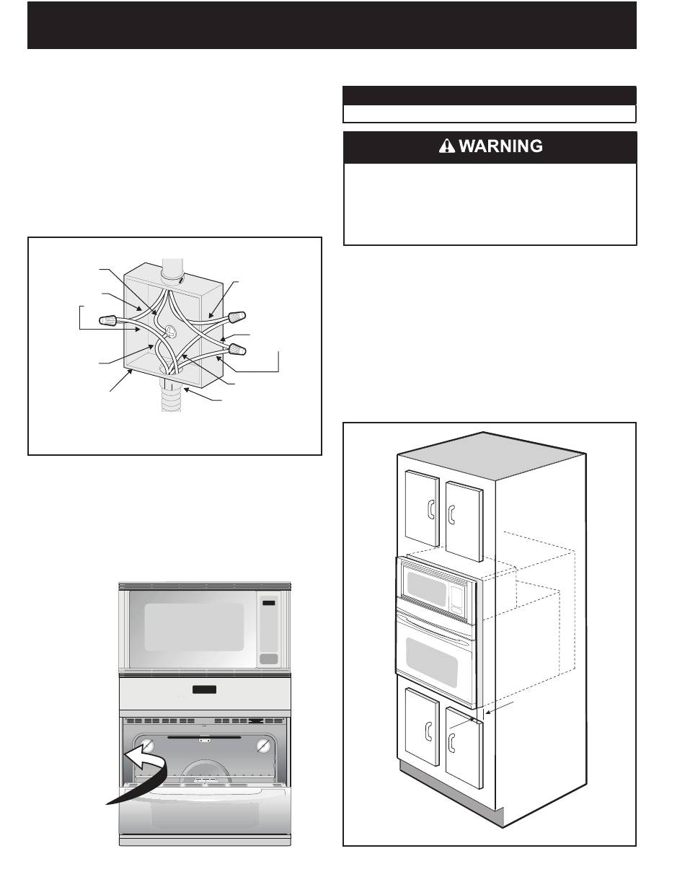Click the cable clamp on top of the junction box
[174, 275]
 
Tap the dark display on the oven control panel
[203, 692]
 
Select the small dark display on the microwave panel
[269, 603]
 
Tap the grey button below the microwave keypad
[269, 658]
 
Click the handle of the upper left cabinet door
[430, 511]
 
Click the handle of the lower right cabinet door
[452, 741]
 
